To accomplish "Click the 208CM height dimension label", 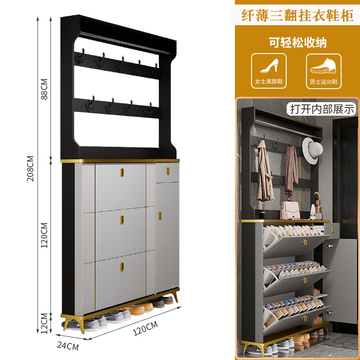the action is [x=30, y=168].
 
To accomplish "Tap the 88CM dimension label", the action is [x=44, y=90].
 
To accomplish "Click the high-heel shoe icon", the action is [x=269, y=67].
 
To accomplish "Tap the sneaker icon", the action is [x=324, y=67].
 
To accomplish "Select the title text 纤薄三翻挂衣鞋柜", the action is [x=296, y=16].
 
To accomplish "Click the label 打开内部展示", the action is [x=322, y=109].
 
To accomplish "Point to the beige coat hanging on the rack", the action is [x=264, y=175].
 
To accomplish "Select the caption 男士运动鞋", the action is [x=324, y=83].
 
